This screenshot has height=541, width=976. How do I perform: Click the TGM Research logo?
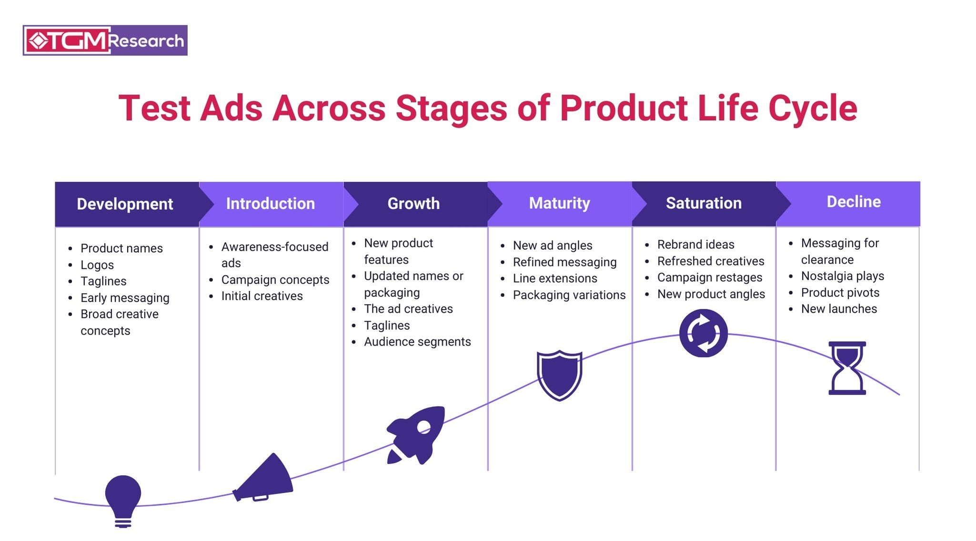click(105, 41)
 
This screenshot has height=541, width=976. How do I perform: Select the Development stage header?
click(125, 204)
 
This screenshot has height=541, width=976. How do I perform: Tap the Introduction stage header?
click(270, 204)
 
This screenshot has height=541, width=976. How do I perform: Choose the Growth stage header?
click(413, 204)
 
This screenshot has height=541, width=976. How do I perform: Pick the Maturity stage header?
click(559, 203)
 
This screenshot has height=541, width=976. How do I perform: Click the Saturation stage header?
click(704, 203)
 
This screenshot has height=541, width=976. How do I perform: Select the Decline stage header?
click(853, 202)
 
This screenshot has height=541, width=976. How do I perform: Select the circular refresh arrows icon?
click(703, 333)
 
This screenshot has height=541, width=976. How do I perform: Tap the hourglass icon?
click(847, 368)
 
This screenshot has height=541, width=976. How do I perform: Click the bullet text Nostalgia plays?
click(842, 276)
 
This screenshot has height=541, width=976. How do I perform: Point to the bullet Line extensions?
click(554, 278)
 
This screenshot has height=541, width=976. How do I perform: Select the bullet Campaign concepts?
click(275, 280)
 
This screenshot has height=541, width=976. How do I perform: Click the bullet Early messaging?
click(125, 298)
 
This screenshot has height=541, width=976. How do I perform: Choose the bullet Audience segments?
click(417, 342)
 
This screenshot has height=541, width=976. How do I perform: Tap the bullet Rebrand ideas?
click(695, 245)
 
